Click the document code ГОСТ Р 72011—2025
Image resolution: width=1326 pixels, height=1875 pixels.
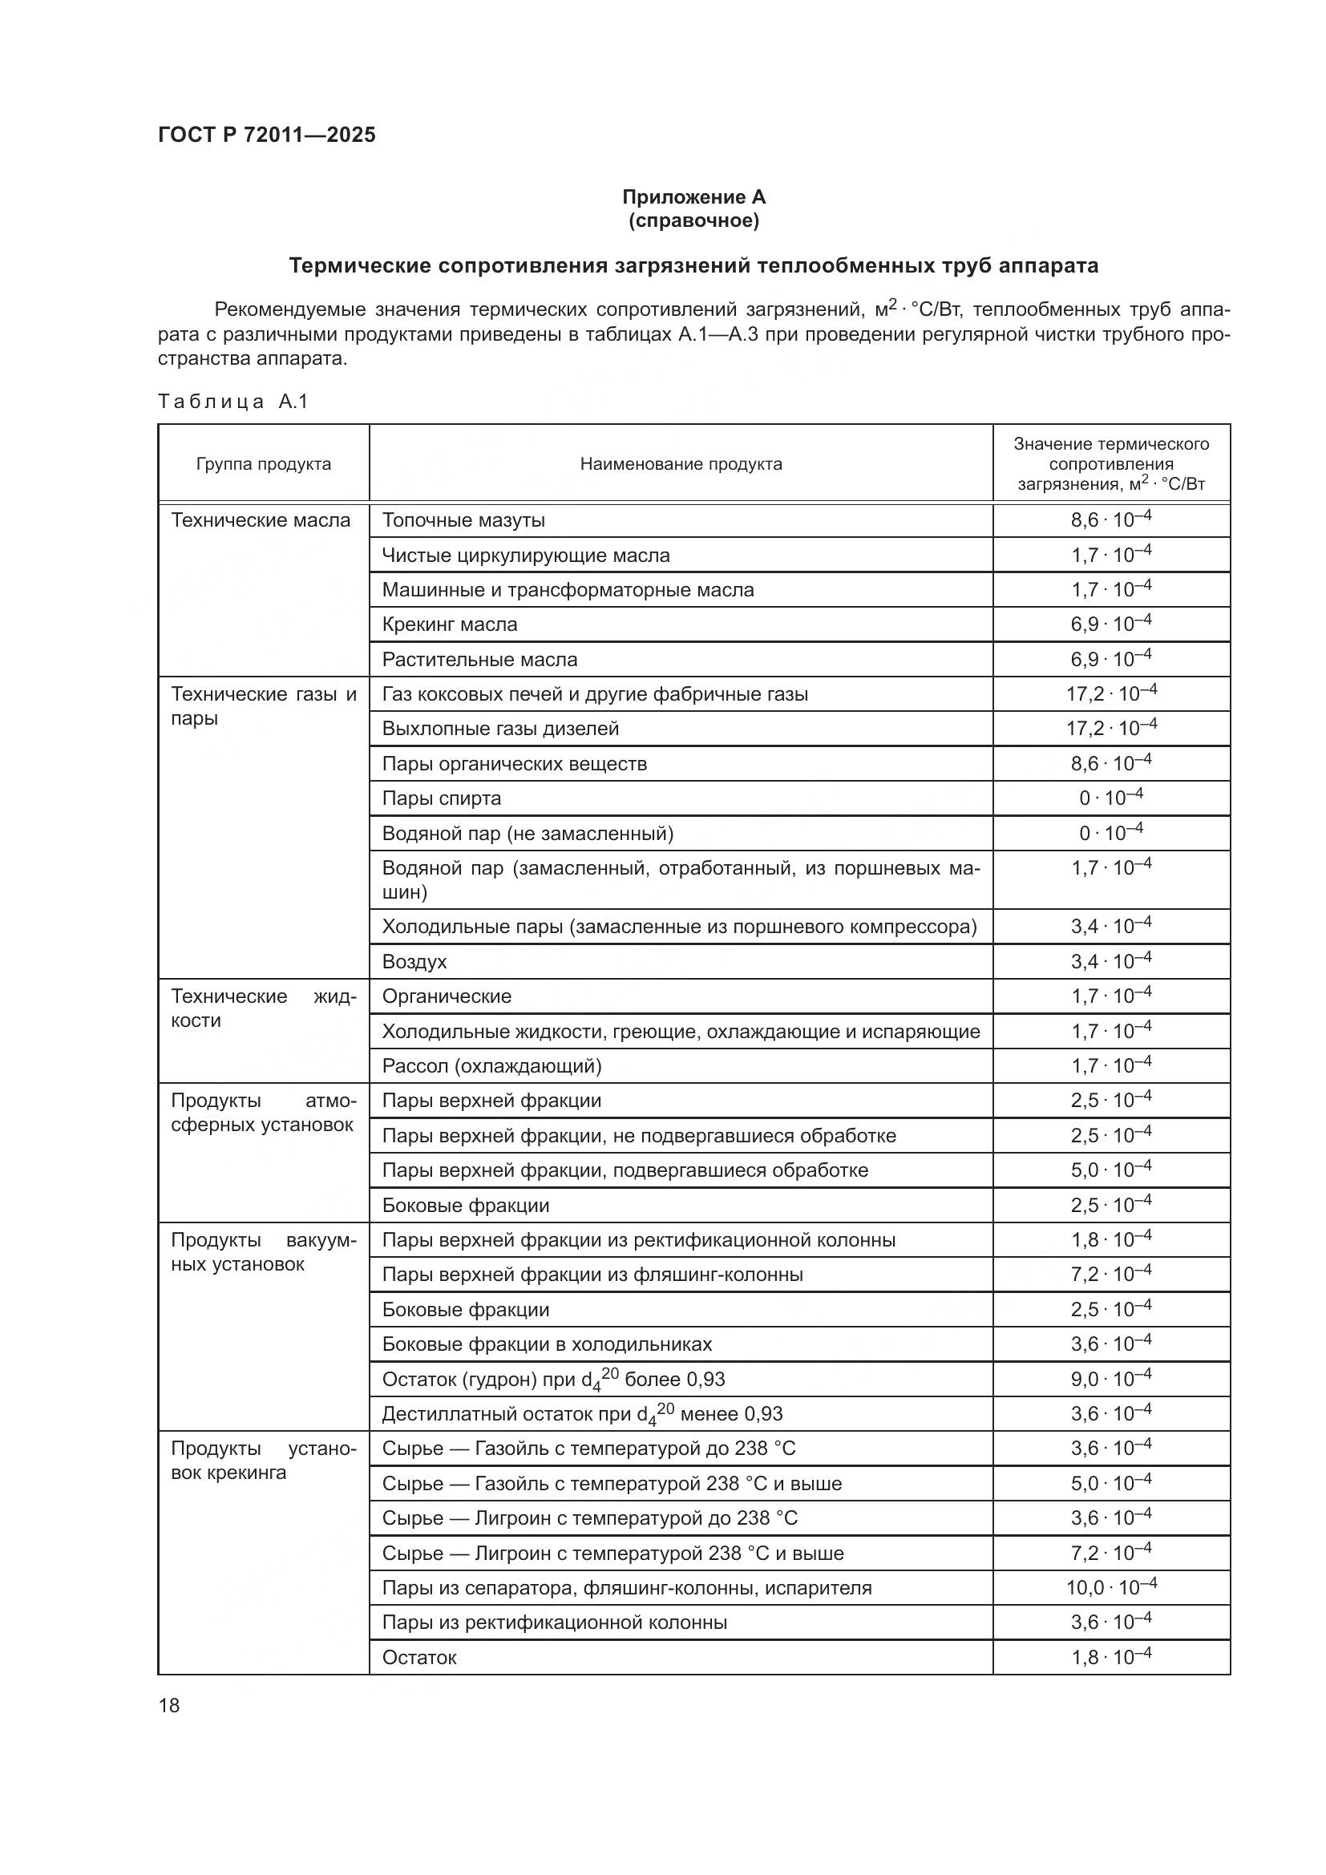(266, 135)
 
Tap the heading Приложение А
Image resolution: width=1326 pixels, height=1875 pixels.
(693, 197)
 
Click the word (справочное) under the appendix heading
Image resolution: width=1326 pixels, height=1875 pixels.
(693, 220)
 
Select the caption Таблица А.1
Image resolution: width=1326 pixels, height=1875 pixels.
(232, 401)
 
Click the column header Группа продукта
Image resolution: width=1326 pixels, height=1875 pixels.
(263, 464)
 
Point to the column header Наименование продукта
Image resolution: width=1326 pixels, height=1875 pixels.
(680, 464)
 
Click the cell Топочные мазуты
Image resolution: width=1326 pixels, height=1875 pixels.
(463, 520)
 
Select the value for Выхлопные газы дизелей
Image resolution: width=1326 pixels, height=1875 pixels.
(1110, 728)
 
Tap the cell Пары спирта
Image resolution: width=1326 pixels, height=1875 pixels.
(441, 798)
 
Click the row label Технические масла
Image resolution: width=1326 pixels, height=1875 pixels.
(261, 520)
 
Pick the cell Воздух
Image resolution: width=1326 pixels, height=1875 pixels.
(414, 961)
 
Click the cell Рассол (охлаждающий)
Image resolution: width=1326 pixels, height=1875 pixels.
(491, 1065)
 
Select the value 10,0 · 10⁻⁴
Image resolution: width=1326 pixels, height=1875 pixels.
(1110, 1587)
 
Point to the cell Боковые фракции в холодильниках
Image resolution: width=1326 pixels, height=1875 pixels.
(546, 1344)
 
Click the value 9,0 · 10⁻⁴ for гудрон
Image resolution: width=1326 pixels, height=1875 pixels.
(1110, 1380)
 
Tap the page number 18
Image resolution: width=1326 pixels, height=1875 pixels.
(169, 1705)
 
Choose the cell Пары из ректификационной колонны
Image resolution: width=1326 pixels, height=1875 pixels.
(555, 1622)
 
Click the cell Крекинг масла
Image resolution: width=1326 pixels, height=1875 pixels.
(449, 624)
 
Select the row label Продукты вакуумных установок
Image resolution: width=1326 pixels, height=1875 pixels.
(263, 1252)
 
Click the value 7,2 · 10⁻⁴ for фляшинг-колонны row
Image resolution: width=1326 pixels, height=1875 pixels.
(1110, 1274)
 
